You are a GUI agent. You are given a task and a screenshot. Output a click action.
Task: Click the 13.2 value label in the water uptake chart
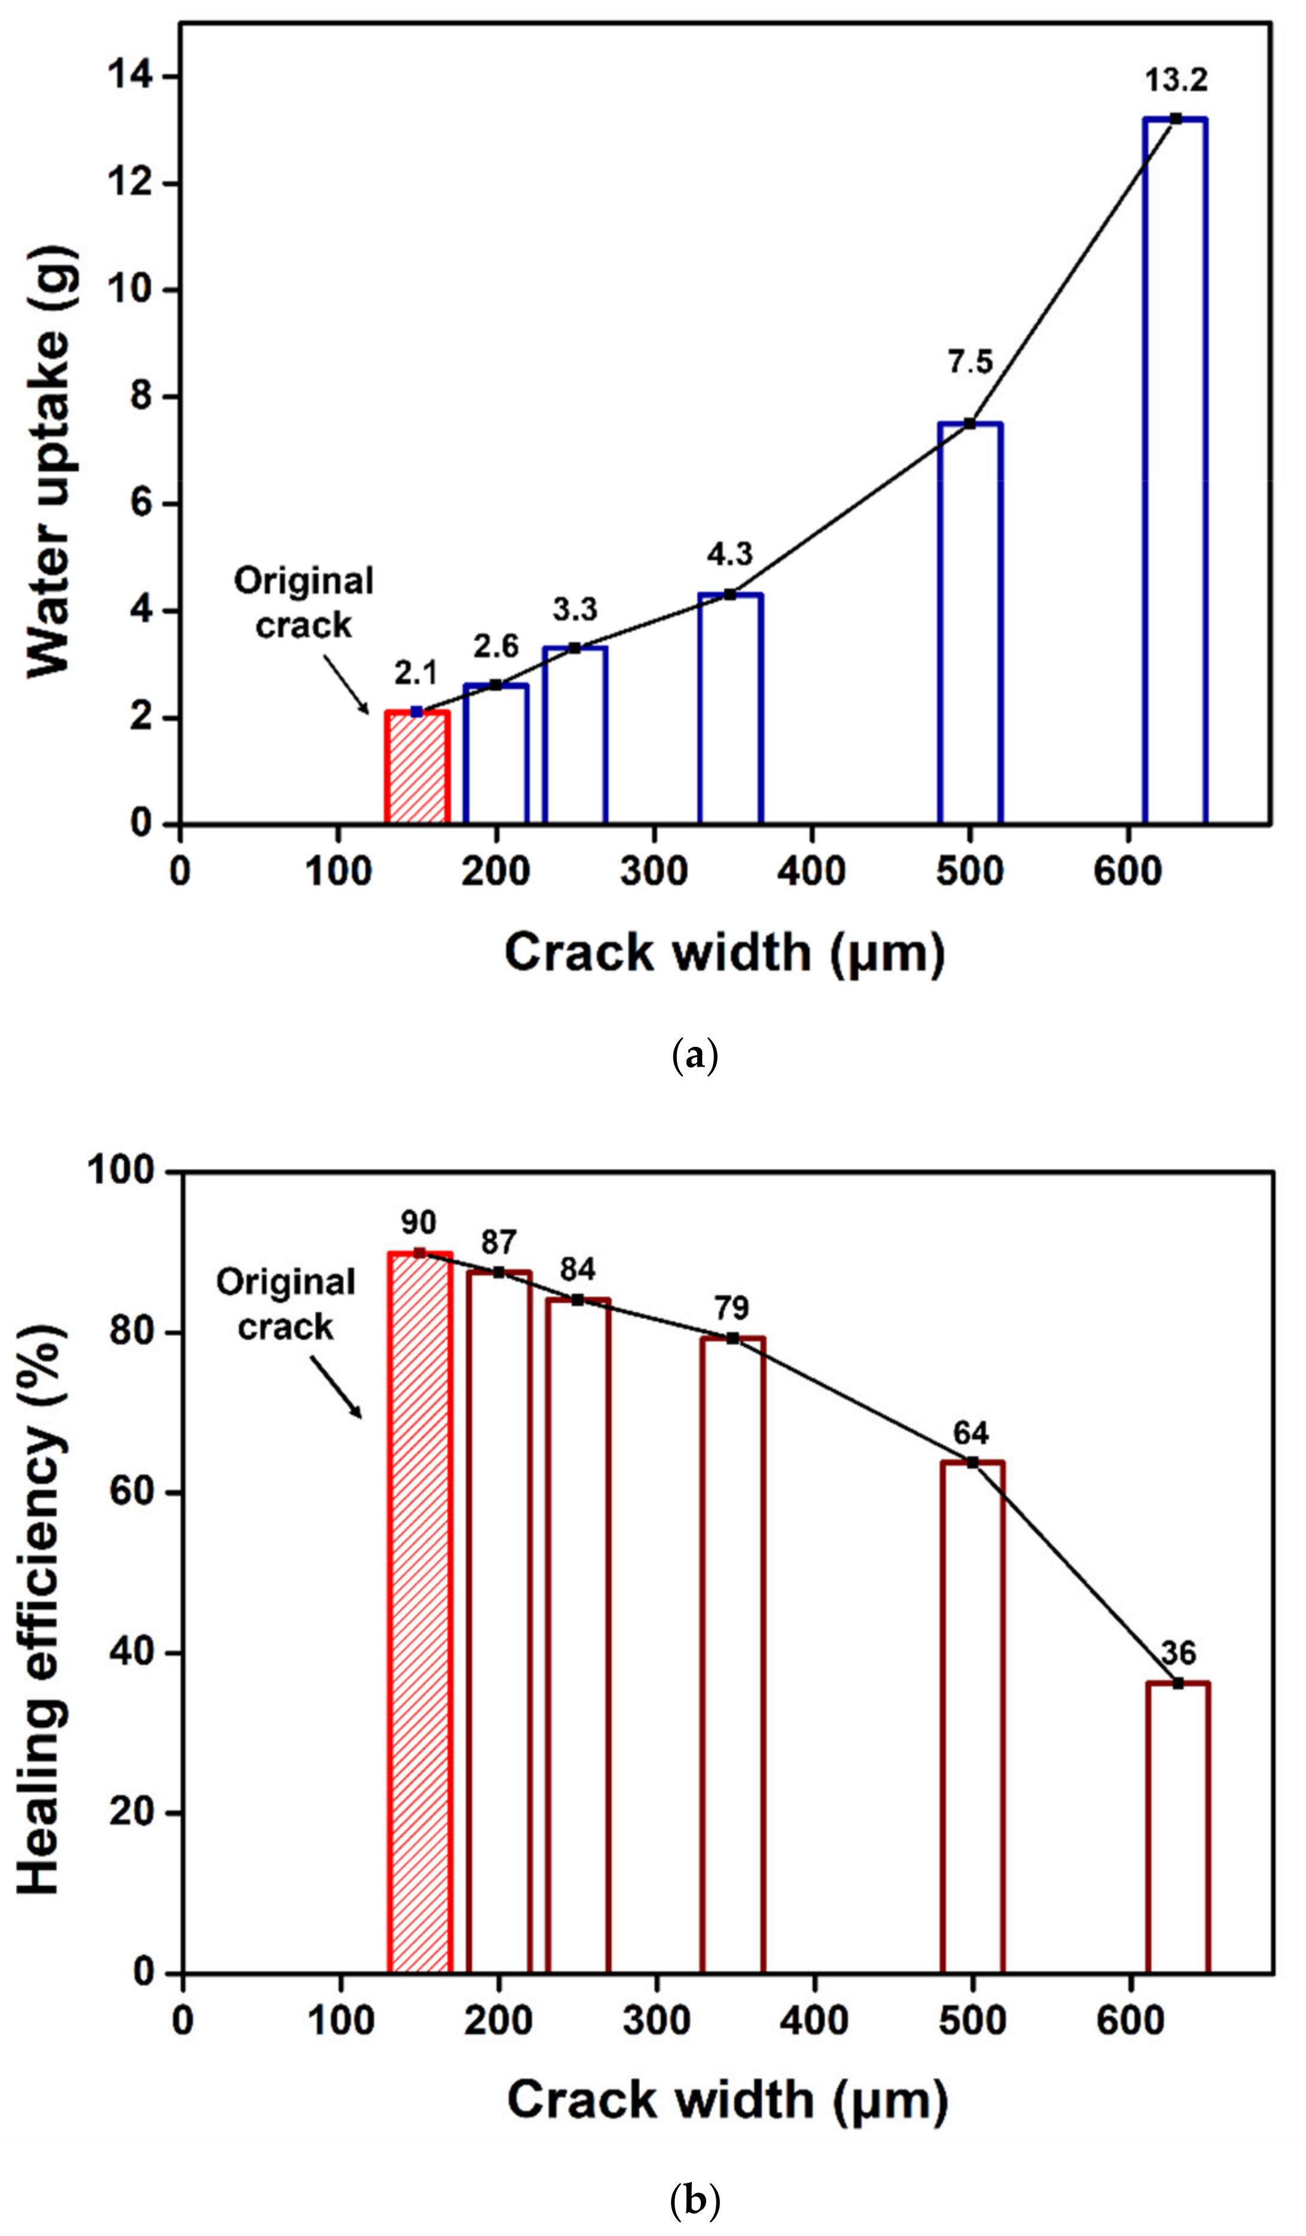pyautogui.click(x=1176, y=81)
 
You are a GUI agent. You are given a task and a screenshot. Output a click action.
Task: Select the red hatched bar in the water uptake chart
pyautogui.click(x=417, y=768)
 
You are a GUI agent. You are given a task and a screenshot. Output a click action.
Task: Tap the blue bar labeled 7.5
pyautogui.click(x=970, y=623)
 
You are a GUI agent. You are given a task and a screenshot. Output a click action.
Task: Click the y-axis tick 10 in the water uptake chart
pyautogui.click(x=130, y=290)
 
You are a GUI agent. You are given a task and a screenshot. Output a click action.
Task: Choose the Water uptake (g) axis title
pyautogui.click(x=49, y=462)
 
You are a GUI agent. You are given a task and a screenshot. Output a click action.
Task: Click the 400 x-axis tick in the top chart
pyautogui.click(x=811, y=871)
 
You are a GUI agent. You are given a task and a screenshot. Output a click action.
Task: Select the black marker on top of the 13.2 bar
pyautogui.click(x=1176, y=118)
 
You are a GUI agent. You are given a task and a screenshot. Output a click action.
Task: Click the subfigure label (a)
pyautogui.click(x=695, y=1056)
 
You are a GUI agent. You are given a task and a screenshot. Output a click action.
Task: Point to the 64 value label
pyautogui.click(x=971, y=1433)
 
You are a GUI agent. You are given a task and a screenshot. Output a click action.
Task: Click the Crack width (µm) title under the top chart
pyautogui.click(x=724, y=952)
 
